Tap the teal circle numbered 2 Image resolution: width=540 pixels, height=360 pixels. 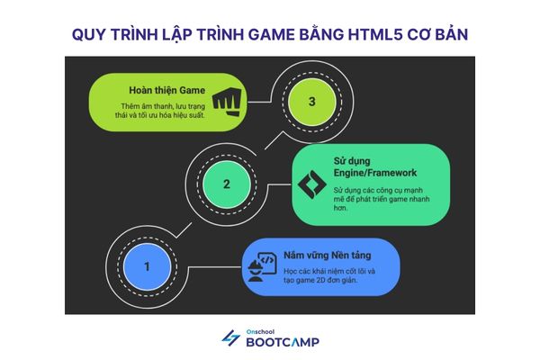tap(226, 184)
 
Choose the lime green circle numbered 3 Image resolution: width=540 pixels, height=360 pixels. tap(311, 102)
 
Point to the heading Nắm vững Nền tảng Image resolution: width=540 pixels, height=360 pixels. tap(325, 243)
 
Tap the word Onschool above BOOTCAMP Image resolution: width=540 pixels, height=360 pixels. tap(259, 330)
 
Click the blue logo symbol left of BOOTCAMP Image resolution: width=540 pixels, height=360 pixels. tap(230, 338)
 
